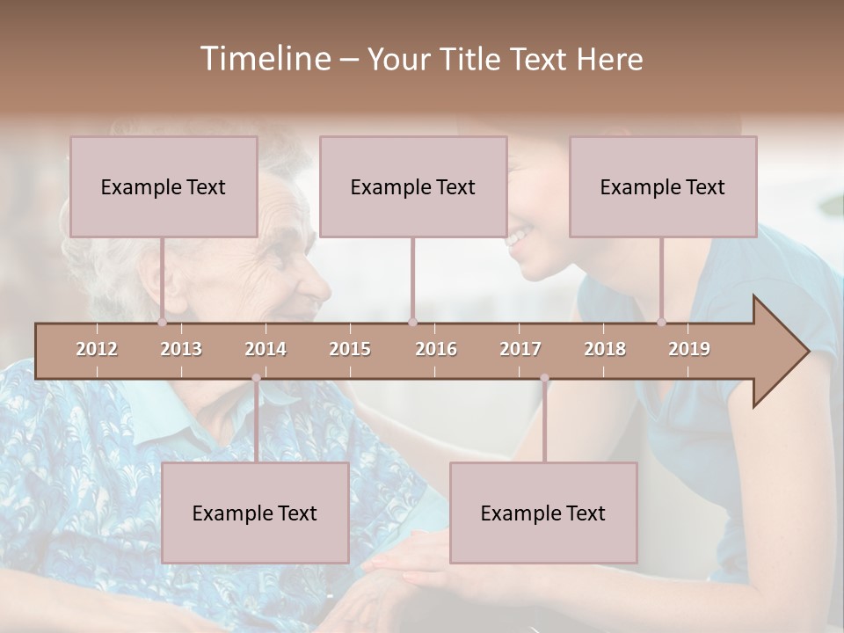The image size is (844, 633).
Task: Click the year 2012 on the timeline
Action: pyautogui.click(x=97, y=349)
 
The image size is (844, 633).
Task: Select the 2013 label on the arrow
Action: pyautogui.click(x=181, y=349)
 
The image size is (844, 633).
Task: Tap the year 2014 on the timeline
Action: pyautogui.click(x=266, y=349)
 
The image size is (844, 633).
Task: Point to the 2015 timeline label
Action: pyautogui.click(x=350, y=349)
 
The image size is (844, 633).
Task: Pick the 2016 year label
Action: pyautogui.click(x=436, y=349)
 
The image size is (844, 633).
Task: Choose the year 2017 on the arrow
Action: pyautogui.click(x=520, y=349)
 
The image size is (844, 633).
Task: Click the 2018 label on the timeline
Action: pyautogui.click(x=605, y=349)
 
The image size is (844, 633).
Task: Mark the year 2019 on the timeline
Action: pyautogui.click(x=689, y=349)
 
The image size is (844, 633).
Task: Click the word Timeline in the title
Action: pyautogui.click(x=264, y=59)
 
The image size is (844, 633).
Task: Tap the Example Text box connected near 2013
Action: pyautogui.click(x=164, y=186)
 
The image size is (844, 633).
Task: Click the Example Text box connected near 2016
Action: pyautogui.click(x=413, y=186)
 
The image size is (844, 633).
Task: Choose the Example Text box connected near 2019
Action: pyautogui.click(x=663, y=186)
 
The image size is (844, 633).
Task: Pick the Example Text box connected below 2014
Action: pyautogui.click(x=255, y=513)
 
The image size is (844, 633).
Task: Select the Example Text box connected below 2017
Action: pyautogui.click(x=543, y=513)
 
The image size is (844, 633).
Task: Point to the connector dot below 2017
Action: pyautogui.click(x=544, y=378)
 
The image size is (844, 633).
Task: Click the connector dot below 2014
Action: pyautogui.click(x=256, y=378)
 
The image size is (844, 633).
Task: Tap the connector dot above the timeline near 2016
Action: pyautogui.click(x=412, y=323)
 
